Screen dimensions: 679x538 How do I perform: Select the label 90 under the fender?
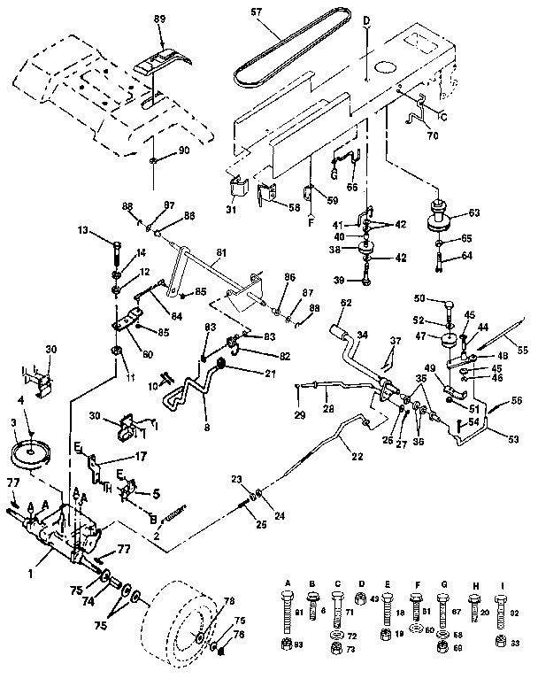(184, 150)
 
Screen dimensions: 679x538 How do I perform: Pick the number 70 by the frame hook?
(432, 136)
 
